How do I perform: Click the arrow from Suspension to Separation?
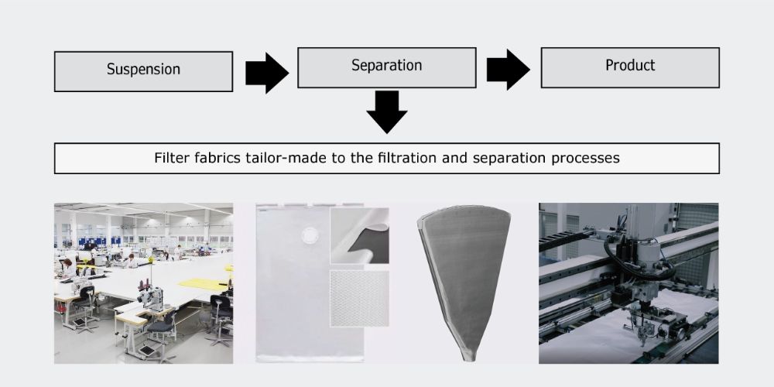pyautogui.click(x=265, y=73)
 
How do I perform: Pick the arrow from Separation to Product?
pyautogui.click(x=507, y=70)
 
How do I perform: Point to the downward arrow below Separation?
pyautogui.click(x=386, y=111)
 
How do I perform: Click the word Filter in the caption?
pyautogui.click(x=169, y=158)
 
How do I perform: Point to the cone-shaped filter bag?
pyautogui.click(x=464, y=271)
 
